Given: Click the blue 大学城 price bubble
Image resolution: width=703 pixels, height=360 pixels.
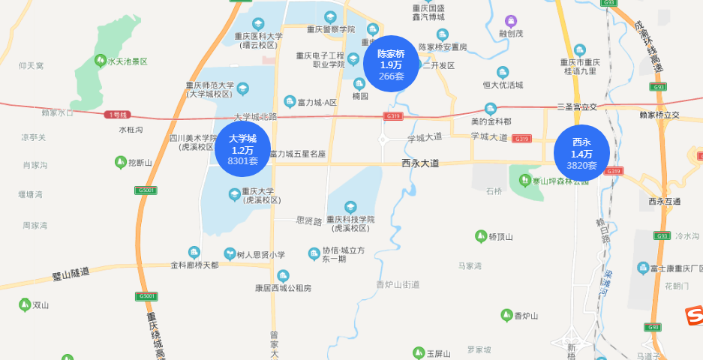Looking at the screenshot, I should coord(242,149).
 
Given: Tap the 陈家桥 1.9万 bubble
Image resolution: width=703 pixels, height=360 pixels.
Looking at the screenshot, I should coord(391,64).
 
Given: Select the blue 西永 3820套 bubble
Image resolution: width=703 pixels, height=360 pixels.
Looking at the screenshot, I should coord(581,153).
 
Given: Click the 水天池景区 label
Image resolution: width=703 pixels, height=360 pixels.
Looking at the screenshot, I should coord(128,61).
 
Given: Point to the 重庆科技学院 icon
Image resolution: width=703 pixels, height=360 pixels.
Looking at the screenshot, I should coord(350,206).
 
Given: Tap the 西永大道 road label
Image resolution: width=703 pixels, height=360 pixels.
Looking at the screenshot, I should coord(420,163).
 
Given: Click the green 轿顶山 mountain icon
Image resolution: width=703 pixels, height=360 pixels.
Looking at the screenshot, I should coord(481,236).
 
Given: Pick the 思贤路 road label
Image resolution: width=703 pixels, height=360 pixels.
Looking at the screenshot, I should coord(309,220).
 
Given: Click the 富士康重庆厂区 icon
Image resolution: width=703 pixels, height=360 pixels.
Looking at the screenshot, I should coord(643,268).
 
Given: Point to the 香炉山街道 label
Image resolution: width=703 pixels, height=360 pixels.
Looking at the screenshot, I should coord(398,284).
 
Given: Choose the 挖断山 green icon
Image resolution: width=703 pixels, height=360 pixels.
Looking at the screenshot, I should coord(120,162).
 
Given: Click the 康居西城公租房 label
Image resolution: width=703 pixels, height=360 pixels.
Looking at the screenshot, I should coord(282,288).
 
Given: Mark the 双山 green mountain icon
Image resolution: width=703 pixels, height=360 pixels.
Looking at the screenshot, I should coord(25,304).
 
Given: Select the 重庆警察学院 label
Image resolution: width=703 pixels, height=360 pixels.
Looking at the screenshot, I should coord(330,29).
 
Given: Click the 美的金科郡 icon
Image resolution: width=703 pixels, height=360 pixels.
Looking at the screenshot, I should coord(491,108).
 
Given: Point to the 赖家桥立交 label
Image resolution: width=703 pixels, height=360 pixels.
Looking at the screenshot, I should coord(659,115).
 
